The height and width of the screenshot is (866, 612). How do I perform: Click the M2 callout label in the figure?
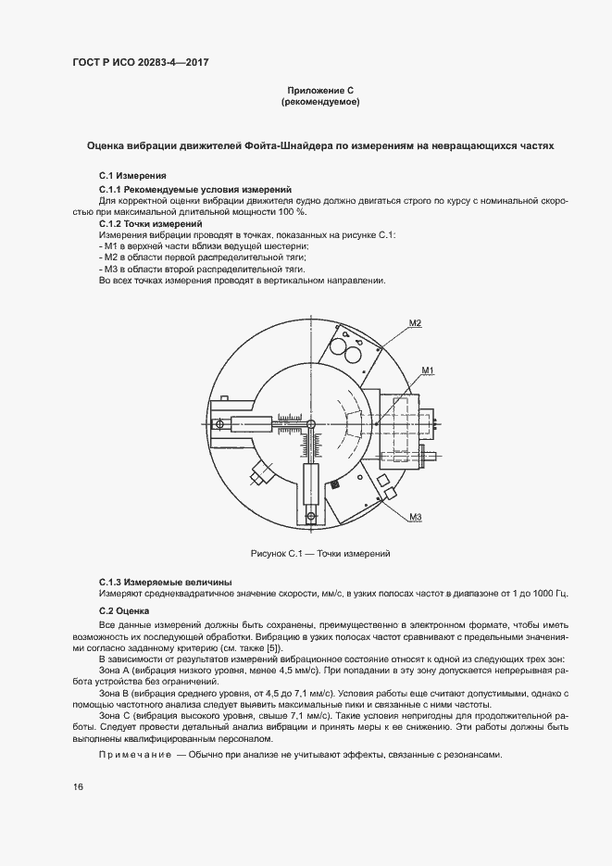click(x=414, y=322)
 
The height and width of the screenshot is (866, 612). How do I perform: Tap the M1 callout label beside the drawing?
click(x=428, y=370)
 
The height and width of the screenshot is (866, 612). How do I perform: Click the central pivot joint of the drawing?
click(x=311, y=424)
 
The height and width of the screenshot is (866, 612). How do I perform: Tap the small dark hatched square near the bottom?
click(x=311, y=518)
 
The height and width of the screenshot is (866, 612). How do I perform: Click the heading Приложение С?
click(x=319, y=91)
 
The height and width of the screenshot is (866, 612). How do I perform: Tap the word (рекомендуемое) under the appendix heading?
click(x=319, y=103)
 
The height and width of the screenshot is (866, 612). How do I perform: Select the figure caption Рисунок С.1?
click(x=319, y=553)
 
